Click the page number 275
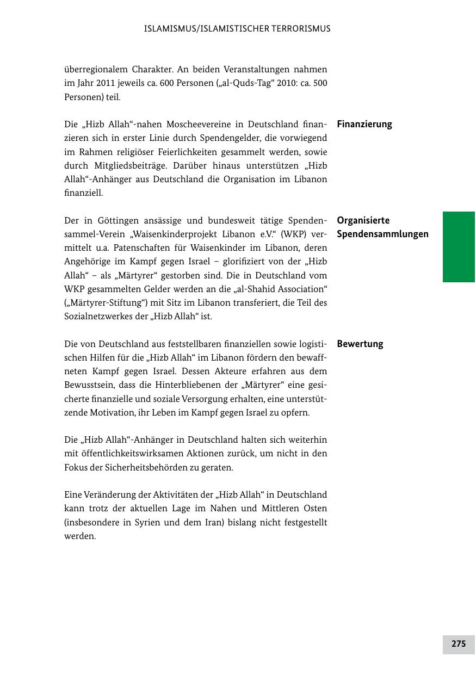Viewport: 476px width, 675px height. tap(459, 643)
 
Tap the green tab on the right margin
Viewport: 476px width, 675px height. tap(459, 246)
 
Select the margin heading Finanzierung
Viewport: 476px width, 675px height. tap(364, 124)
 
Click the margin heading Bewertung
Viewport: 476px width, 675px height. tap(360, 344)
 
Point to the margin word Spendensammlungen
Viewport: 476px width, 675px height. tap(383, 234)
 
